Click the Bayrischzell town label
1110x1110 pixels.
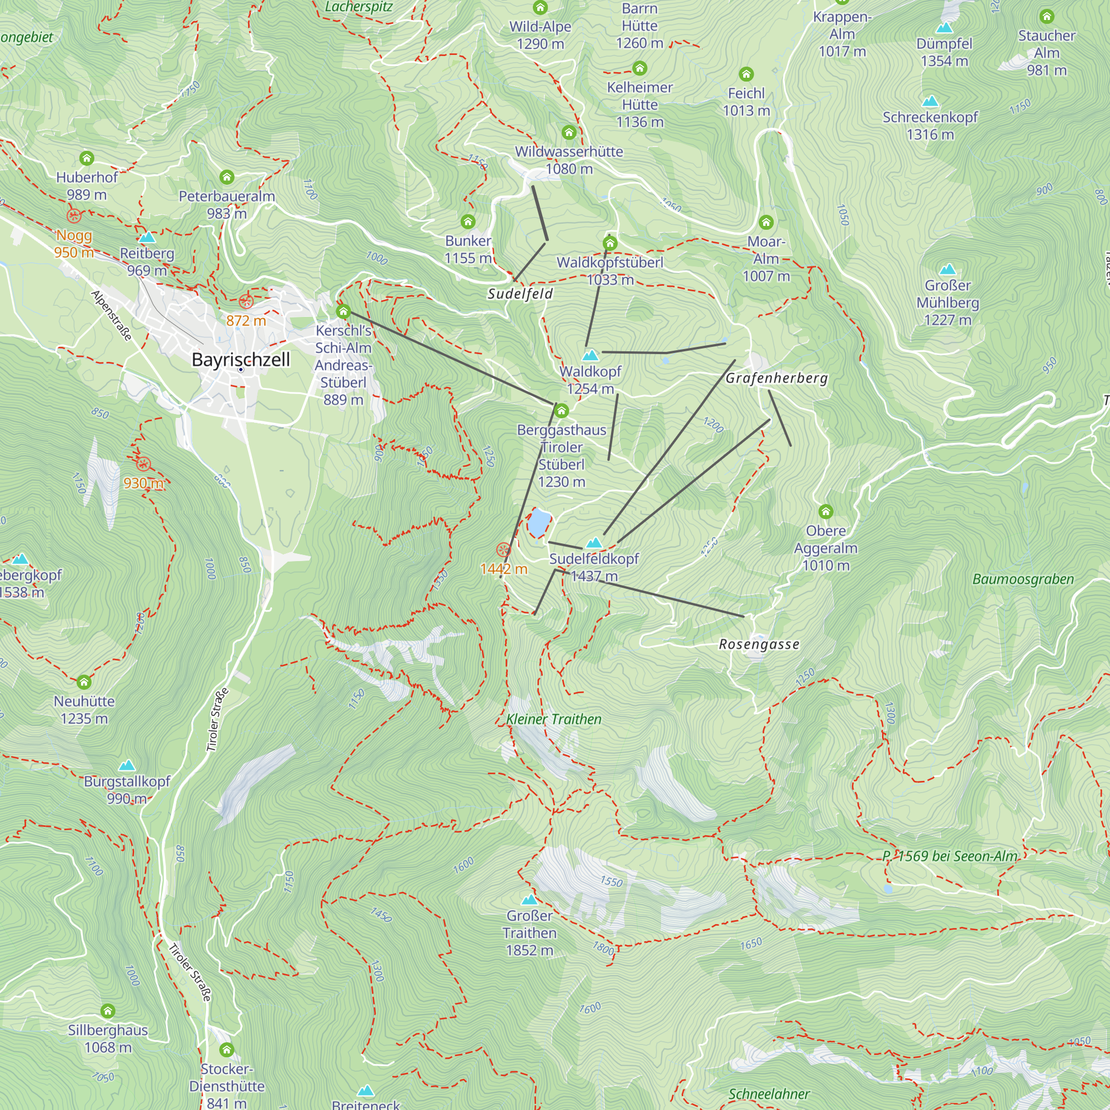(241, 360)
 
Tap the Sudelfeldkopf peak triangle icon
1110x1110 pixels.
(594, 542)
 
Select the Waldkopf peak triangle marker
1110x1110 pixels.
(591, 355)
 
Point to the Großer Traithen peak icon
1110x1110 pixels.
(529, 899)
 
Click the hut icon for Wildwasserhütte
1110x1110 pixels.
(569, 133)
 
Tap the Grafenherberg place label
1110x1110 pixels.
(776, 378)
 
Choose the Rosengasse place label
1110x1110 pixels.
(759, 644)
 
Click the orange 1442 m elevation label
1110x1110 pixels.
(503, 569)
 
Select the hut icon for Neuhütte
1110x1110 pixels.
(84, 682)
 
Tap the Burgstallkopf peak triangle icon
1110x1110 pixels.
(127, 765)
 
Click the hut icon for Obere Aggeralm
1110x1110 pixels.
(826, 511)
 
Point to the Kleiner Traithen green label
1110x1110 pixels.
(554, 719)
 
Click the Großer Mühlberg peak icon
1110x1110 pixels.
(947, 269)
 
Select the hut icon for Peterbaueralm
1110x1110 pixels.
(227, 177)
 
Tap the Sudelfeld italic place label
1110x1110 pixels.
(520, 294)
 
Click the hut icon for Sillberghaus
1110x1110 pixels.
(108, 1011)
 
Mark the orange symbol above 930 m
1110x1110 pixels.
(144, 464)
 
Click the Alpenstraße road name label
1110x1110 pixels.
(112, 315)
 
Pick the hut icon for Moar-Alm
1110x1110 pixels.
(766, 223)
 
